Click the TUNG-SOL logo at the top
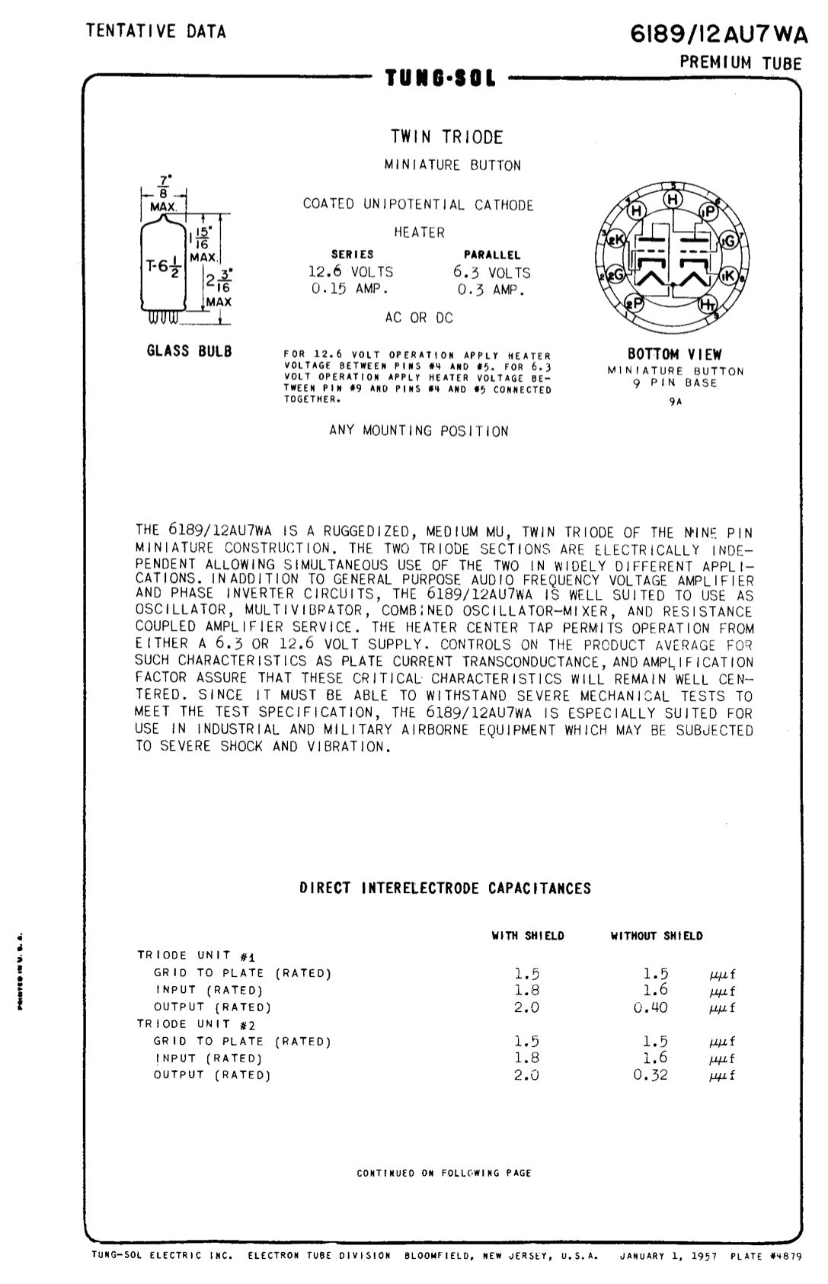(440, 78)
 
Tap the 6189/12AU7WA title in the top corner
(718, 34)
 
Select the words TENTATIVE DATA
(156, 31)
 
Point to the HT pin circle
(707, 304)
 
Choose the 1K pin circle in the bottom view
(727, 274)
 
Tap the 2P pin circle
(635, 304)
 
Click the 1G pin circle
(729, 241)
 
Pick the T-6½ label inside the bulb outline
(164, 266)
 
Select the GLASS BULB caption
(189, 351)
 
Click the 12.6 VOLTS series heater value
(350, 272)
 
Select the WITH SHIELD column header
(528, 936)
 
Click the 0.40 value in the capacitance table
(651, 1007)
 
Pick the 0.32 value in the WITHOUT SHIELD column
(651, 1075)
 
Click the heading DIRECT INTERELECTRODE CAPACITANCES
(445, 889)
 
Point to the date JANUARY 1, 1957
(668, 1256)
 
